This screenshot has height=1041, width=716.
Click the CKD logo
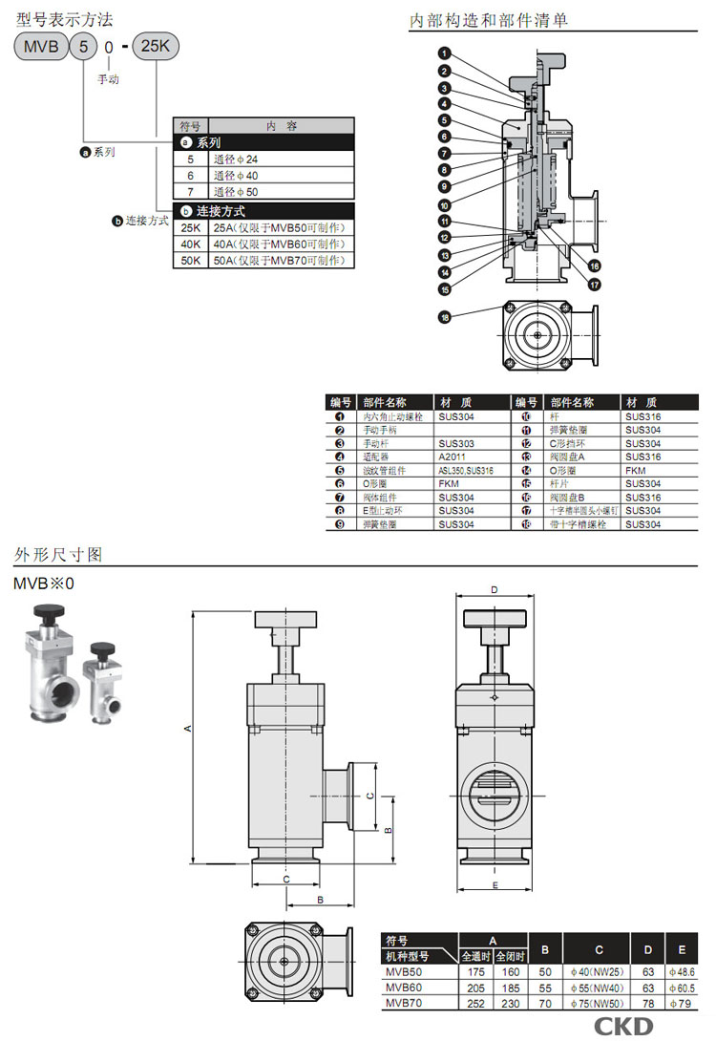point(624,1026)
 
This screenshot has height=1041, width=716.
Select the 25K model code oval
point(155,46)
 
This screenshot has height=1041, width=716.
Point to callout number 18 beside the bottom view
point(445,317)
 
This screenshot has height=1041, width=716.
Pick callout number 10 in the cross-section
point(445,204)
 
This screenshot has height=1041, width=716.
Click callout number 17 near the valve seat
point(594,284)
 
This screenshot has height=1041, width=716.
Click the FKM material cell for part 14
point(636,471)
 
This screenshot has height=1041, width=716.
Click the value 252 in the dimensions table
point(474,1004)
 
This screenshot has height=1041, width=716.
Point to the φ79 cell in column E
point(681,1004)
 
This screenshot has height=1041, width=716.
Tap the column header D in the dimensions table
point(648,949)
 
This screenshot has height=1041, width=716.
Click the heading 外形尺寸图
point(58,554)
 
